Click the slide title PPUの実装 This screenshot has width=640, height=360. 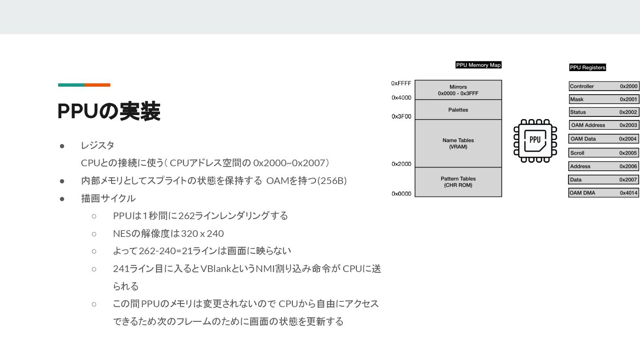pos(109,112)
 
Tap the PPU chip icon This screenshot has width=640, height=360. pos(535,140)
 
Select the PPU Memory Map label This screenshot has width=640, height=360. pos(478,65)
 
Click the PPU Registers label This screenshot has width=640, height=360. pos(587,68)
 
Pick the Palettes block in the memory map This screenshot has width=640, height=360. pos(458,110)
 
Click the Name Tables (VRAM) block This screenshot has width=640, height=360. pos(458,143)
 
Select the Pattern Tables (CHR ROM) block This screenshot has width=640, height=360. pos(458,182)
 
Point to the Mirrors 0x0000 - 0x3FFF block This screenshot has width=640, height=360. pos(458,90)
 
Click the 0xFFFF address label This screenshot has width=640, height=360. pos(401,83)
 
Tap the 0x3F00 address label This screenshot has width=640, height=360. pos(401,116)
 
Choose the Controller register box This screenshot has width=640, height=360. pos(603,86)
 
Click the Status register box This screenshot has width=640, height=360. pos(603,112)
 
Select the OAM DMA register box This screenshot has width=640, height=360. pos(603,193)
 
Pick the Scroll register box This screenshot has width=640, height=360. pos(603,153)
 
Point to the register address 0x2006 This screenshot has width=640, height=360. pos(628,166)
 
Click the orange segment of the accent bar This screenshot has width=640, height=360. pos(97,85)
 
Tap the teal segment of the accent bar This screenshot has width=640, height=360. pos(71,85)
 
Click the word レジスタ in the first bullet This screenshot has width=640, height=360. pos(97,145)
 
